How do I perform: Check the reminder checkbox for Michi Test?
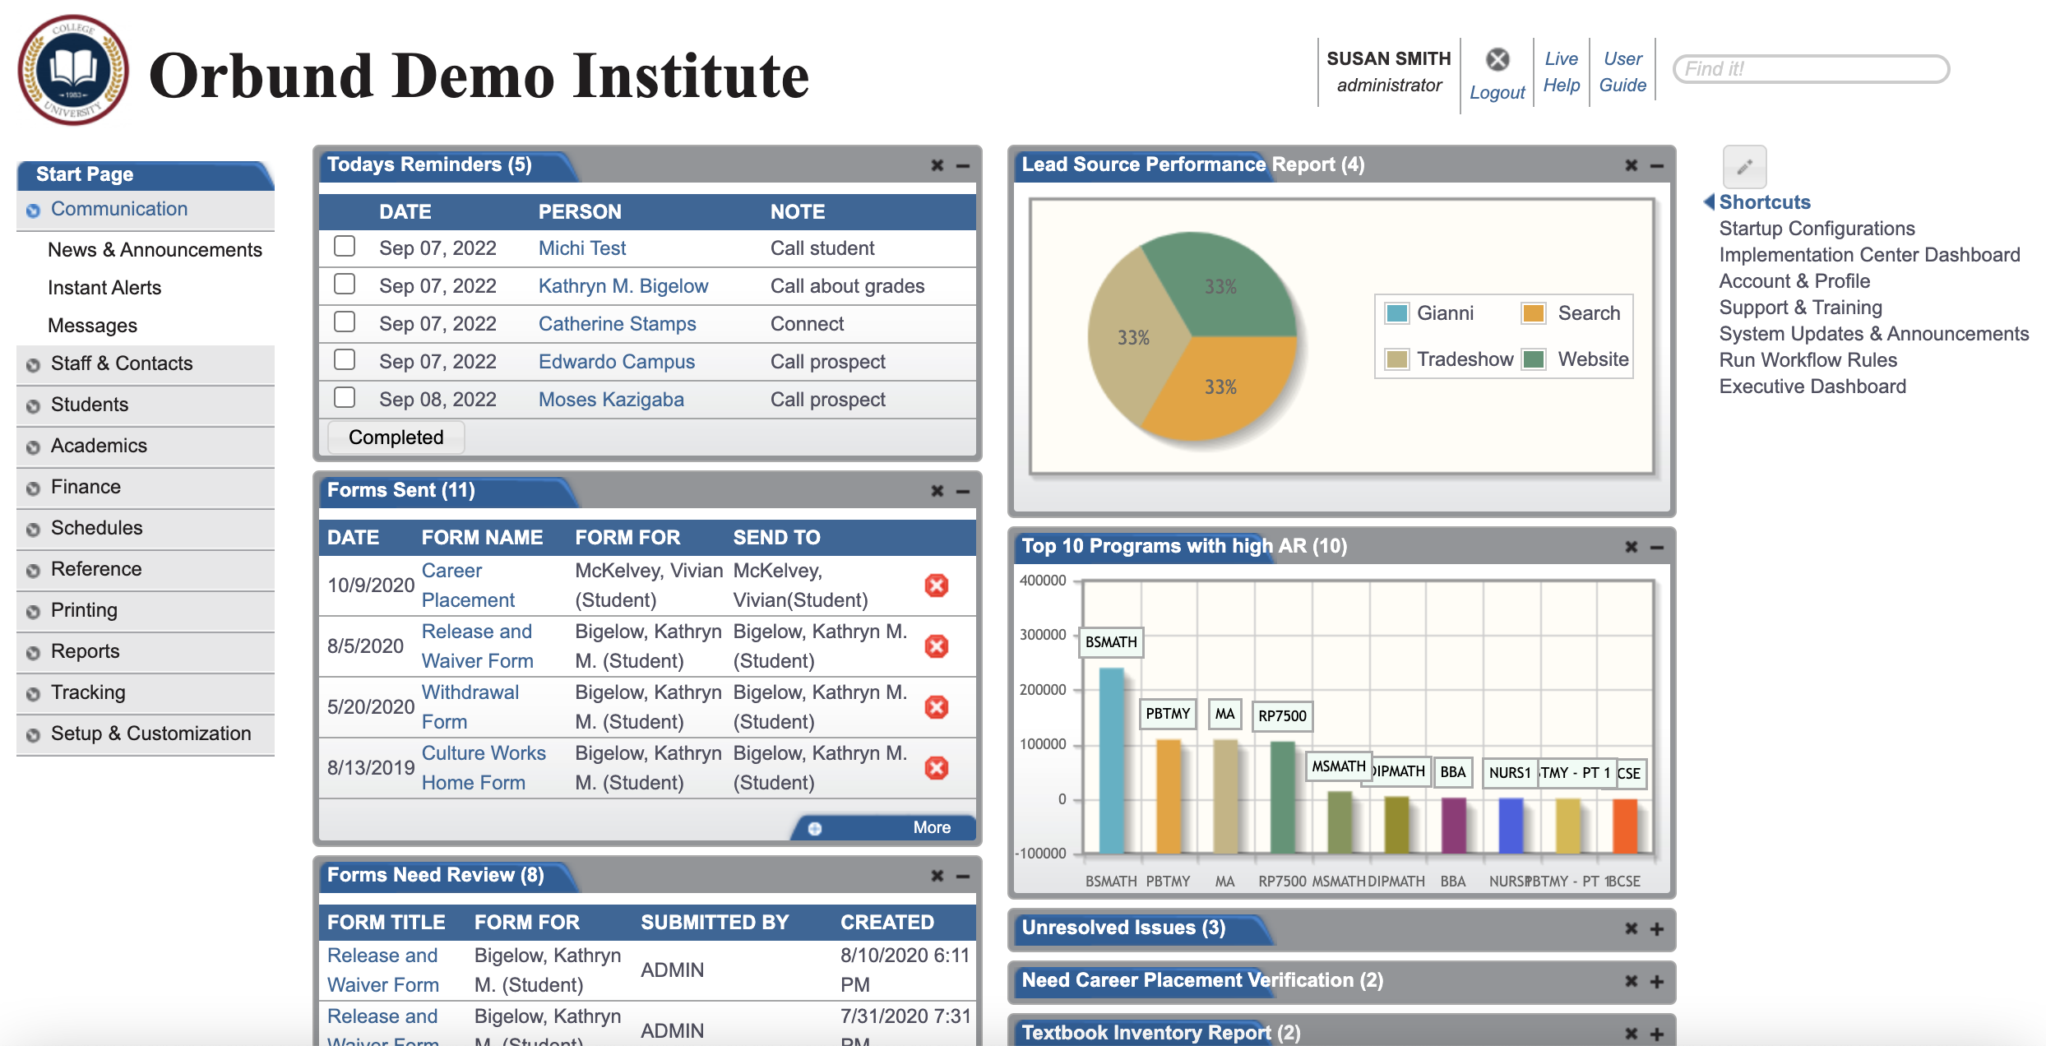345,247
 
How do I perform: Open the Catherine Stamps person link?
617,324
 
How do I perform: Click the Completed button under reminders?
396,437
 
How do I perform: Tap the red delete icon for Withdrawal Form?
936,707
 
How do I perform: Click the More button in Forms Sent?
930,827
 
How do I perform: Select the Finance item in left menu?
86,487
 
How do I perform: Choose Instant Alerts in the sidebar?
104,288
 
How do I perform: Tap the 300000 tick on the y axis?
1043,635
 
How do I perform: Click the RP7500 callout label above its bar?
1282,715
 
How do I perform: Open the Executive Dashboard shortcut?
1812,386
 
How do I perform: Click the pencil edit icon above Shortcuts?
1744,167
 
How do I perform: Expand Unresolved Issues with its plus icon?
1657,929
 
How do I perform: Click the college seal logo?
73,70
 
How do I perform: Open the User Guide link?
1622,72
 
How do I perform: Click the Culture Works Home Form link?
484,768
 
